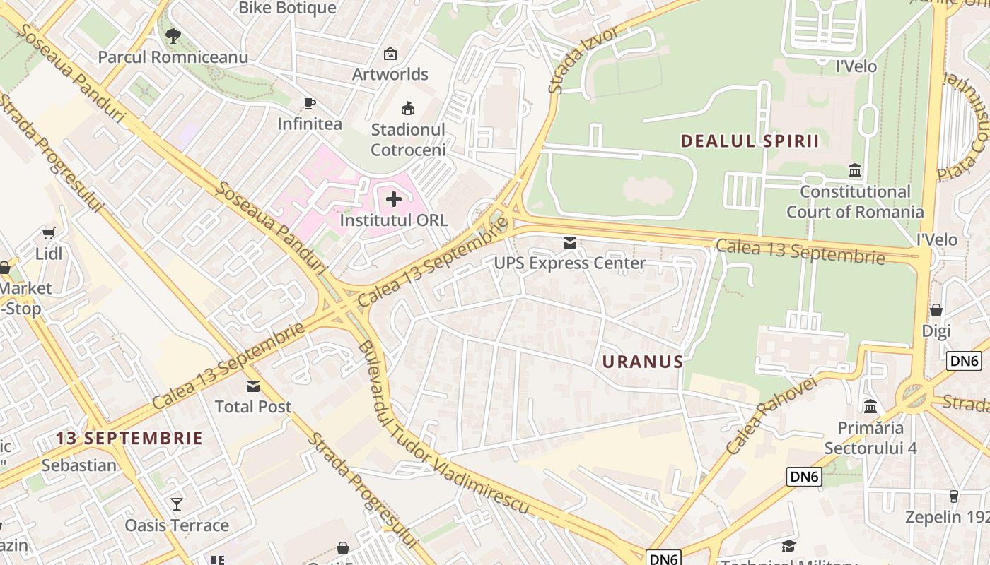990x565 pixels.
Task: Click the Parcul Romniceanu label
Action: (x=173, y=57)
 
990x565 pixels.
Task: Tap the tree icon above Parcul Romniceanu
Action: (x=173, y=35)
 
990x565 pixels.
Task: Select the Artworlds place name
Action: (x=390, y=74)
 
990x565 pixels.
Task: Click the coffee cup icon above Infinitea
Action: (x=309, y=103)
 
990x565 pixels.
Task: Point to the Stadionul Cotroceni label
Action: (x=408, y=140)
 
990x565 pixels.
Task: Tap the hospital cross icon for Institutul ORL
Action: (x=394, y=200)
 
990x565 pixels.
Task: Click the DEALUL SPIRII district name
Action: (x=750, y=141)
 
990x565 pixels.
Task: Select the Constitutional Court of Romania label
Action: (x=855, y=202)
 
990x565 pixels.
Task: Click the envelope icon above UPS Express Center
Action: (x=569, y=244)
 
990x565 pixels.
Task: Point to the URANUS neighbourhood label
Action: (x=643, y=362)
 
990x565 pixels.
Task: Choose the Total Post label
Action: (x=253, y=407)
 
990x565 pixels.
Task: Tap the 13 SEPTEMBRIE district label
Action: (x=129, y=438)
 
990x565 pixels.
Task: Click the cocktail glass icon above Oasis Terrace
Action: (x=177, y=504)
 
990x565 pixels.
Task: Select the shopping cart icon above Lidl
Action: (x=49, y=234)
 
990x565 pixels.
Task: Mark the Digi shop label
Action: (x=936, y=331)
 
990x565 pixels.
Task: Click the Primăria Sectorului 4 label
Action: (x=870, y=438)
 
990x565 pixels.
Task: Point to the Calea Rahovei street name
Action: (x=770, y=416)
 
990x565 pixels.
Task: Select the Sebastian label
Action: (x=78, y=465)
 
